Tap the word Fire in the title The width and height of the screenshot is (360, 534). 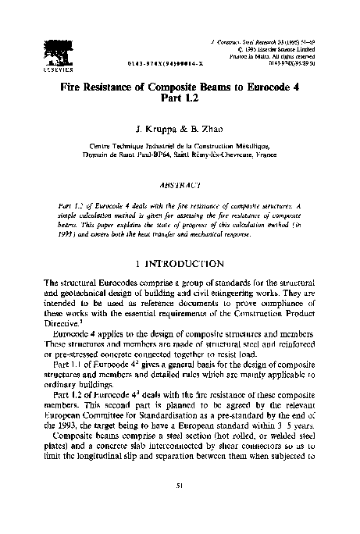(75, 89)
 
